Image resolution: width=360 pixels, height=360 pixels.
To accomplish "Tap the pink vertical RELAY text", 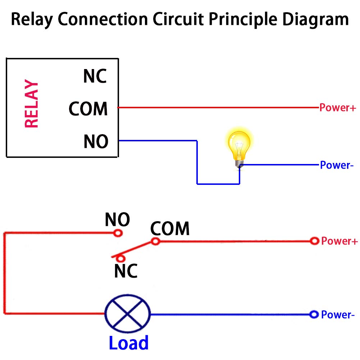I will point(31,105).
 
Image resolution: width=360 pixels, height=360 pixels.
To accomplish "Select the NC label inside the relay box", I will point(95,76).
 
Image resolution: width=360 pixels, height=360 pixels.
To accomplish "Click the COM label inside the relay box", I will point(88,109).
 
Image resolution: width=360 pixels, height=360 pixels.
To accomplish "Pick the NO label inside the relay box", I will point(96,141).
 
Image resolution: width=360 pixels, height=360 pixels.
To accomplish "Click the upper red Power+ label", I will point(337,108).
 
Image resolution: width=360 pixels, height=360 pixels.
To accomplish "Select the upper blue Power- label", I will point(334,165).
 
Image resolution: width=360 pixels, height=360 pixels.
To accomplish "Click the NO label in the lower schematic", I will point(117,219).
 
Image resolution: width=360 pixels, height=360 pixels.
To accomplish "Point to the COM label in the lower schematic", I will point(170,229).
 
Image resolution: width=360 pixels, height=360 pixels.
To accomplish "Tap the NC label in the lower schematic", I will point(126,271).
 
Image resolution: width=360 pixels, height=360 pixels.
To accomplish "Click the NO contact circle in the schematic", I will point(118,233).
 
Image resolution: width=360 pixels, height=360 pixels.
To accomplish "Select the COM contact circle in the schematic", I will point(155,241).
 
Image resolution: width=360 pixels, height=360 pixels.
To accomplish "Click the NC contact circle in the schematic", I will point(122,258).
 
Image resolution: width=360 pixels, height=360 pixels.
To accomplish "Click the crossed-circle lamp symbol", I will point(127,314).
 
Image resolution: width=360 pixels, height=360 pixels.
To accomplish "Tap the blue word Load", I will point(128,343).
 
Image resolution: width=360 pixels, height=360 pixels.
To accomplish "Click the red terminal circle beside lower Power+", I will point(315,241).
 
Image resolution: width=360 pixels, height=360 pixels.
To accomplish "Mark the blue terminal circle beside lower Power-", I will point(314,315).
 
